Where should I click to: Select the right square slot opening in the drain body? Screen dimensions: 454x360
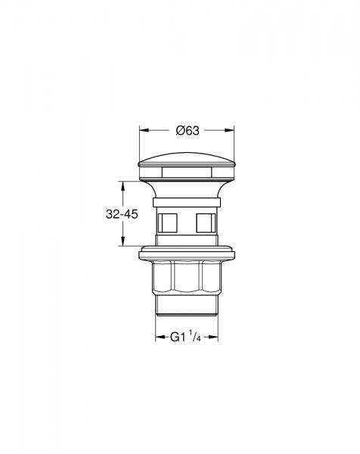(x=204, y=222)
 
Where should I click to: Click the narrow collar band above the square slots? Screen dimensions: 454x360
(x=187, y=203)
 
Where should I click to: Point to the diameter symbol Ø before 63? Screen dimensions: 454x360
(x=180, y=130)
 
